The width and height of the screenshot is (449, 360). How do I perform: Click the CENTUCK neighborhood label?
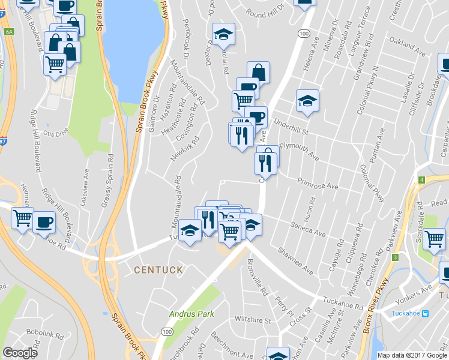pyautogui.click(x=158, y=270)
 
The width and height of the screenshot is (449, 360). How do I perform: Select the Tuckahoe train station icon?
pyautogui.click(x=426, y=313)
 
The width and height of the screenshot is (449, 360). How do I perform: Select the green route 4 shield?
pyautogui.click(x=422, y=180)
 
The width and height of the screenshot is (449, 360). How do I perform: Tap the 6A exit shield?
pyautogui.click(x=8, y=31)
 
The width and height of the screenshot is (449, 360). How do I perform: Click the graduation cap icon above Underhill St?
pyautogui.click(x=307, y=101)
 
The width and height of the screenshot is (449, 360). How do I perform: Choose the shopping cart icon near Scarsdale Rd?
pyautogui.click(x=434, y=238)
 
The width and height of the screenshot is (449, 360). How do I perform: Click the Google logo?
pyautogui.click(x=20, y=353)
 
